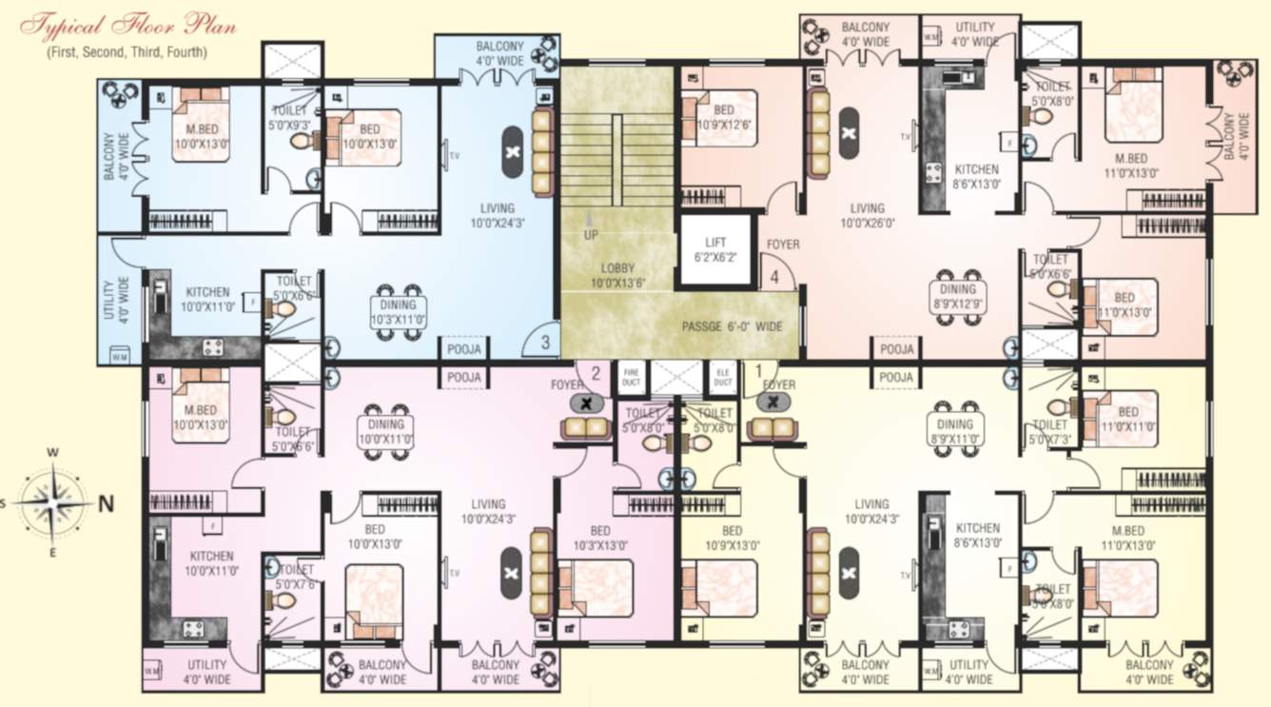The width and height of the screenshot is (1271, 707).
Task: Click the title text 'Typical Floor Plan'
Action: (128, 26)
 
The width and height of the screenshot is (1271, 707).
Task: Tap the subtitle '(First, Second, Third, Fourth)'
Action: (127, 52)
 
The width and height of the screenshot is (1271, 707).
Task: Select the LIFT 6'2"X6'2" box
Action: (715, 250)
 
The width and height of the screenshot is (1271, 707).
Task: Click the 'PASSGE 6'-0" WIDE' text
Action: (732, 326)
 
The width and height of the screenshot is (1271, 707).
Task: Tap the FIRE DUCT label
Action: (629, 377)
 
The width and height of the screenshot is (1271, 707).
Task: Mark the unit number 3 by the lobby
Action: (545, 343)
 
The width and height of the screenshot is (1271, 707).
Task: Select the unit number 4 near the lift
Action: (775, 278)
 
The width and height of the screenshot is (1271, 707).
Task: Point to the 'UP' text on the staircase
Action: (590, 234)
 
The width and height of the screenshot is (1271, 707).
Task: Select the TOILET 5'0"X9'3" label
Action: (289, 117)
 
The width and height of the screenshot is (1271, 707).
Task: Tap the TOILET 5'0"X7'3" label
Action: (1049, 432)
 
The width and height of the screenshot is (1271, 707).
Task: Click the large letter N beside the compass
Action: (107, 504)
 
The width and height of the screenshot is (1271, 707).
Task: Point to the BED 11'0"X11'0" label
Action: (1128, 421)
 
